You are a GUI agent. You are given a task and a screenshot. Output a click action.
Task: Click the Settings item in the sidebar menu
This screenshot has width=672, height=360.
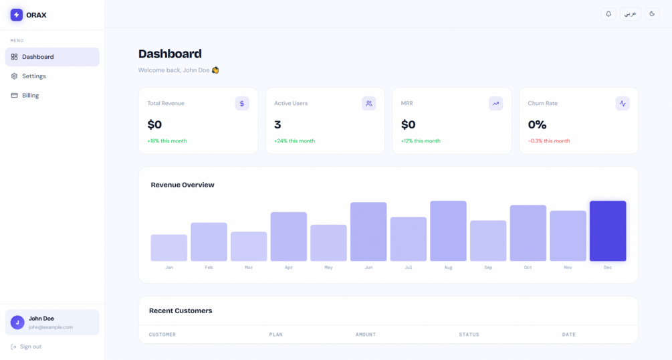33,76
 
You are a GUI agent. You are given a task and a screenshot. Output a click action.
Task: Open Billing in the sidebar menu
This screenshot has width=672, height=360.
30,96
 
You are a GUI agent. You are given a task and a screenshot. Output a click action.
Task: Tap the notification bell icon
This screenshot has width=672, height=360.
608,14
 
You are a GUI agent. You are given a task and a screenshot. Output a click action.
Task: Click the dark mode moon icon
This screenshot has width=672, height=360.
652,14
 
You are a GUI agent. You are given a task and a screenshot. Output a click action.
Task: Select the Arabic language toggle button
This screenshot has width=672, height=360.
630,14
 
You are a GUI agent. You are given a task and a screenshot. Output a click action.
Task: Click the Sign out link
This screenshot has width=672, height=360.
26,347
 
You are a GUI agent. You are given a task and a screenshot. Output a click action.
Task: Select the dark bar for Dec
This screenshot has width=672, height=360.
608,231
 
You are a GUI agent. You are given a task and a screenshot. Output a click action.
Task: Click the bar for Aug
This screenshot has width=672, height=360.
448,231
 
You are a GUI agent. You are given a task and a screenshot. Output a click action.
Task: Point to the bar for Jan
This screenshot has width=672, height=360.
169,248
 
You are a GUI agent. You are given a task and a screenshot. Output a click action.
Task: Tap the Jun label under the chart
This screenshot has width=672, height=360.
368,268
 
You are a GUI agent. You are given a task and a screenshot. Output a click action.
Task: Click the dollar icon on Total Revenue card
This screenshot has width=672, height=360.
242,104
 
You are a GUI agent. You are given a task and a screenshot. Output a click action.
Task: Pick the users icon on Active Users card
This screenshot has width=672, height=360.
369,104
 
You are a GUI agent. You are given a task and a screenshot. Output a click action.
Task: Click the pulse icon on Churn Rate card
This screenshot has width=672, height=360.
623,104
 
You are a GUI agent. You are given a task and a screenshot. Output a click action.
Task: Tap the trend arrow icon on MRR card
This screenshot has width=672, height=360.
495,104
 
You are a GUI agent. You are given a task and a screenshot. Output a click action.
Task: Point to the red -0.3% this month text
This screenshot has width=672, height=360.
549,141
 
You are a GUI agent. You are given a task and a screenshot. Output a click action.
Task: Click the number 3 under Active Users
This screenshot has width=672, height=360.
277,124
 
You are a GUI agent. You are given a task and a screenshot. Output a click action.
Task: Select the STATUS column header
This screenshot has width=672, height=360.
469,335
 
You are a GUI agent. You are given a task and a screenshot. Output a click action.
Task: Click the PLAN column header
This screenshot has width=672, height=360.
276,335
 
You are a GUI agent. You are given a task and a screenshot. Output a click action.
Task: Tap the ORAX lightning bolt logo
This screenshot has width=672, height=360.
17,15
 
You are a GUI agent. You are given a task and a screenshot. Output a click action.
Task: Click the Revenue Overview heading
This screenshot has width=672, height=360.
183,185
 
